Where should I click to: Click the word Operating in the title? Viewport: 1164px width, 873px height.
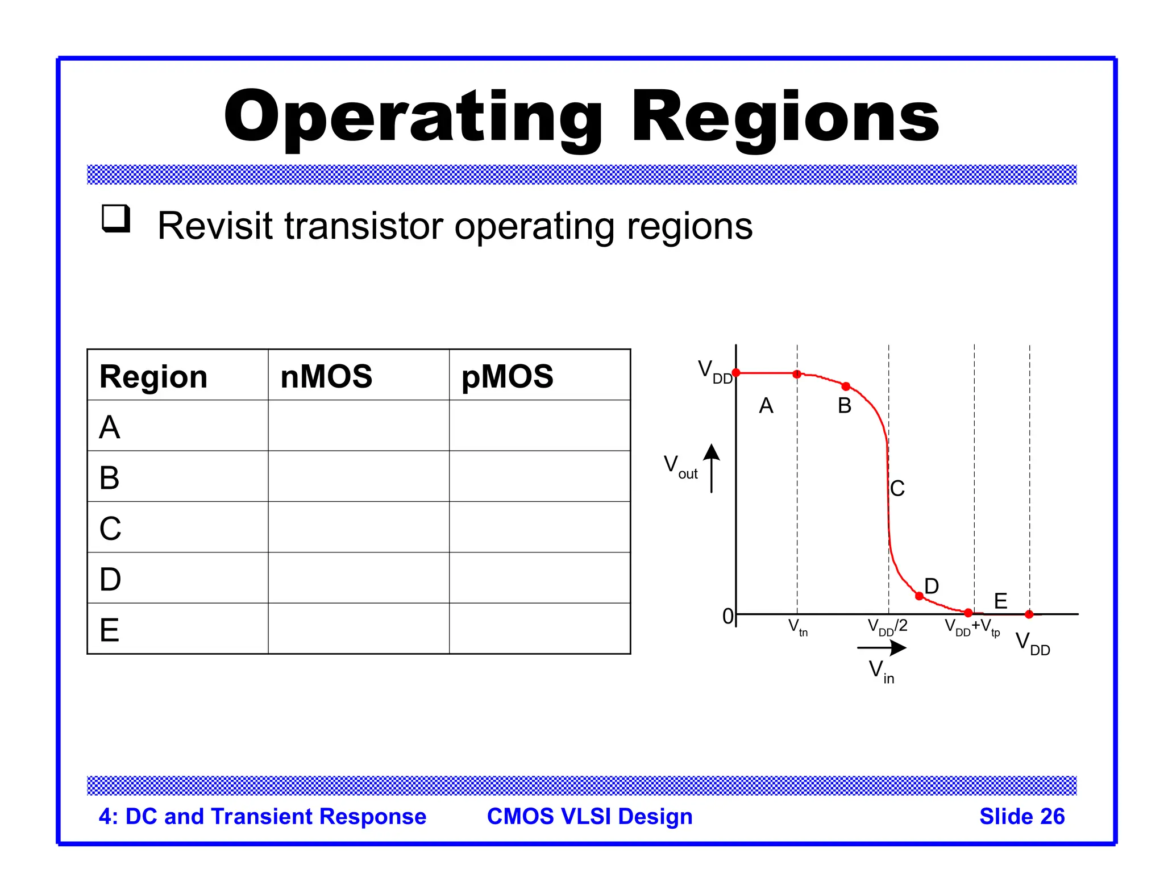point(414,118)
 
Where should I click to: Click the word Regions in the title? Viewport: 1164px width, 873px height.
point(785,118)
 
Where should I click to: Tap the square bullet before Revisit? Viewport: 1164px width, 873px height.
point(116,219)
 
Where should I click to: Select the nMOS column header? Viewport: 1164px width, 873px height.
point(326,376)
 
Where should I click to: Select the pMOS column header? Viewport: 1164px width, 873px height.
point(507,376)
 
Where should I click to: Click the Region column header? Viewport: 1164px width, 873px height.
point(153,376)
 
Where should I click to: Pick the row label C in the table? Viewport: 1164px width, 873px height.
point(110,528)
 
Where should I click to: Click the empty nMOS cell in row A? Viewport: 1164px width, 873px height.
point(359,426)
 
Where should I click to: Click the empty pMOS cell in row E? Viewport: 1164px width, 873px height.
point(539,629)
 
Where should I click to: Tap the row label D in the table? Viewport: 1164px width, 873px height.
point(110,579)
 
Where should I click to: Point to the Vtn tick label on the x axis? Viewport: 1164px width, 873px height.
point(797,627)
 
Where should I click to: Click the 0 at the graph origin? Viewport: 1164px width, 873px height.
point(727,616)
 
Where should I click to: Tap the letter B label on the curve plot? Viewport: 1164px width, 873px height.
point(845,406)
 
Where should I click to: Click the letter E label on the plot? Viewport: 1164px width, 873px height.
point(1001,601)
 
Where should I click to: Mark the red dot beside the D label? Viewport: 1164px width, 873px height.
point(919,596)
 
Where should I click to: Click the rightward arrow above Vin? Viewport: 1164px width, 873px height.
point(882,647)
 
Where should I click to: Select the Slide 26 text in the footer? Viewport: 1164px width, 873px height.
point(1021,816)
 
